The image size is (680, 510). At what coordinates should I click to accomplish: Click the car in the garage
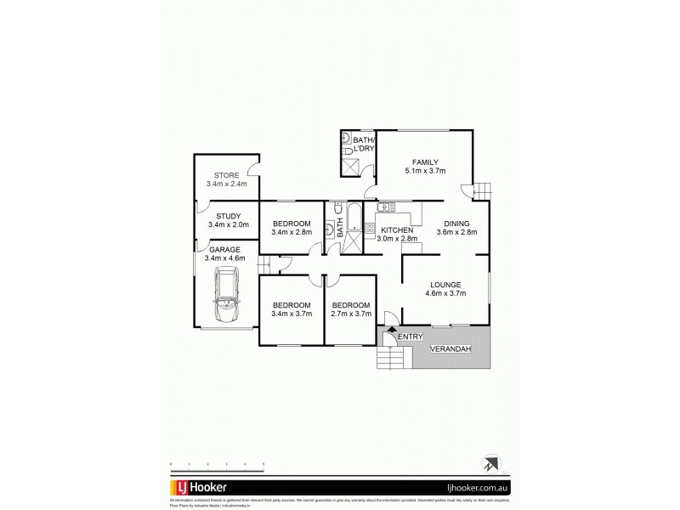(x=227, y=294)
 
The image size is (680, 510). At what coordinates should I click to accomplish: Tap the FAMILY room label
(x=425, y=161)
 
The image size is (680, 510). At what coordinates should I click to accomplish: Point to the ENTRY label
(x=411, y=337)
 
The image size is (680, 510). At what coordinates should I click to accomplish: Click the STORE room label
(x=227, y=176)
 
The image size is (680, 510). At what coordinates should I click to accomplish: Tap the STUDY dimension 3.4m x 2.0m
(x=228, y=224)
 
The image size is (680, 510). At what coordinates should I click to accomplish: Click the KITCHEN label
(x=397, y=230)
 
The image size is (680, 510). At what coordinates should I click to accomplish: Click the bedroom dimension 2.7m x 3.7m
(x=351, y=314)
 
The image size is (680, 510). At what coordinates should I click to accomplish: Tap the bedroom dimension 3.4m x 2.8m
(x=292, y=232)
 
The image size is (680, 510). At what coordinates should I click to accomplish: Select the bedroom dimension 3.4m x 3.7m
(x=292, y=314)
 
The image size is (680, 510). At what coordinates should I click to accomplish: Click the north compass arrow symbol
(x=489, y=465)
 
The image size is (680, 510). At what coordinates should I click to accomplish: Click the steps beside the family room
(x=482, y=190)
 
